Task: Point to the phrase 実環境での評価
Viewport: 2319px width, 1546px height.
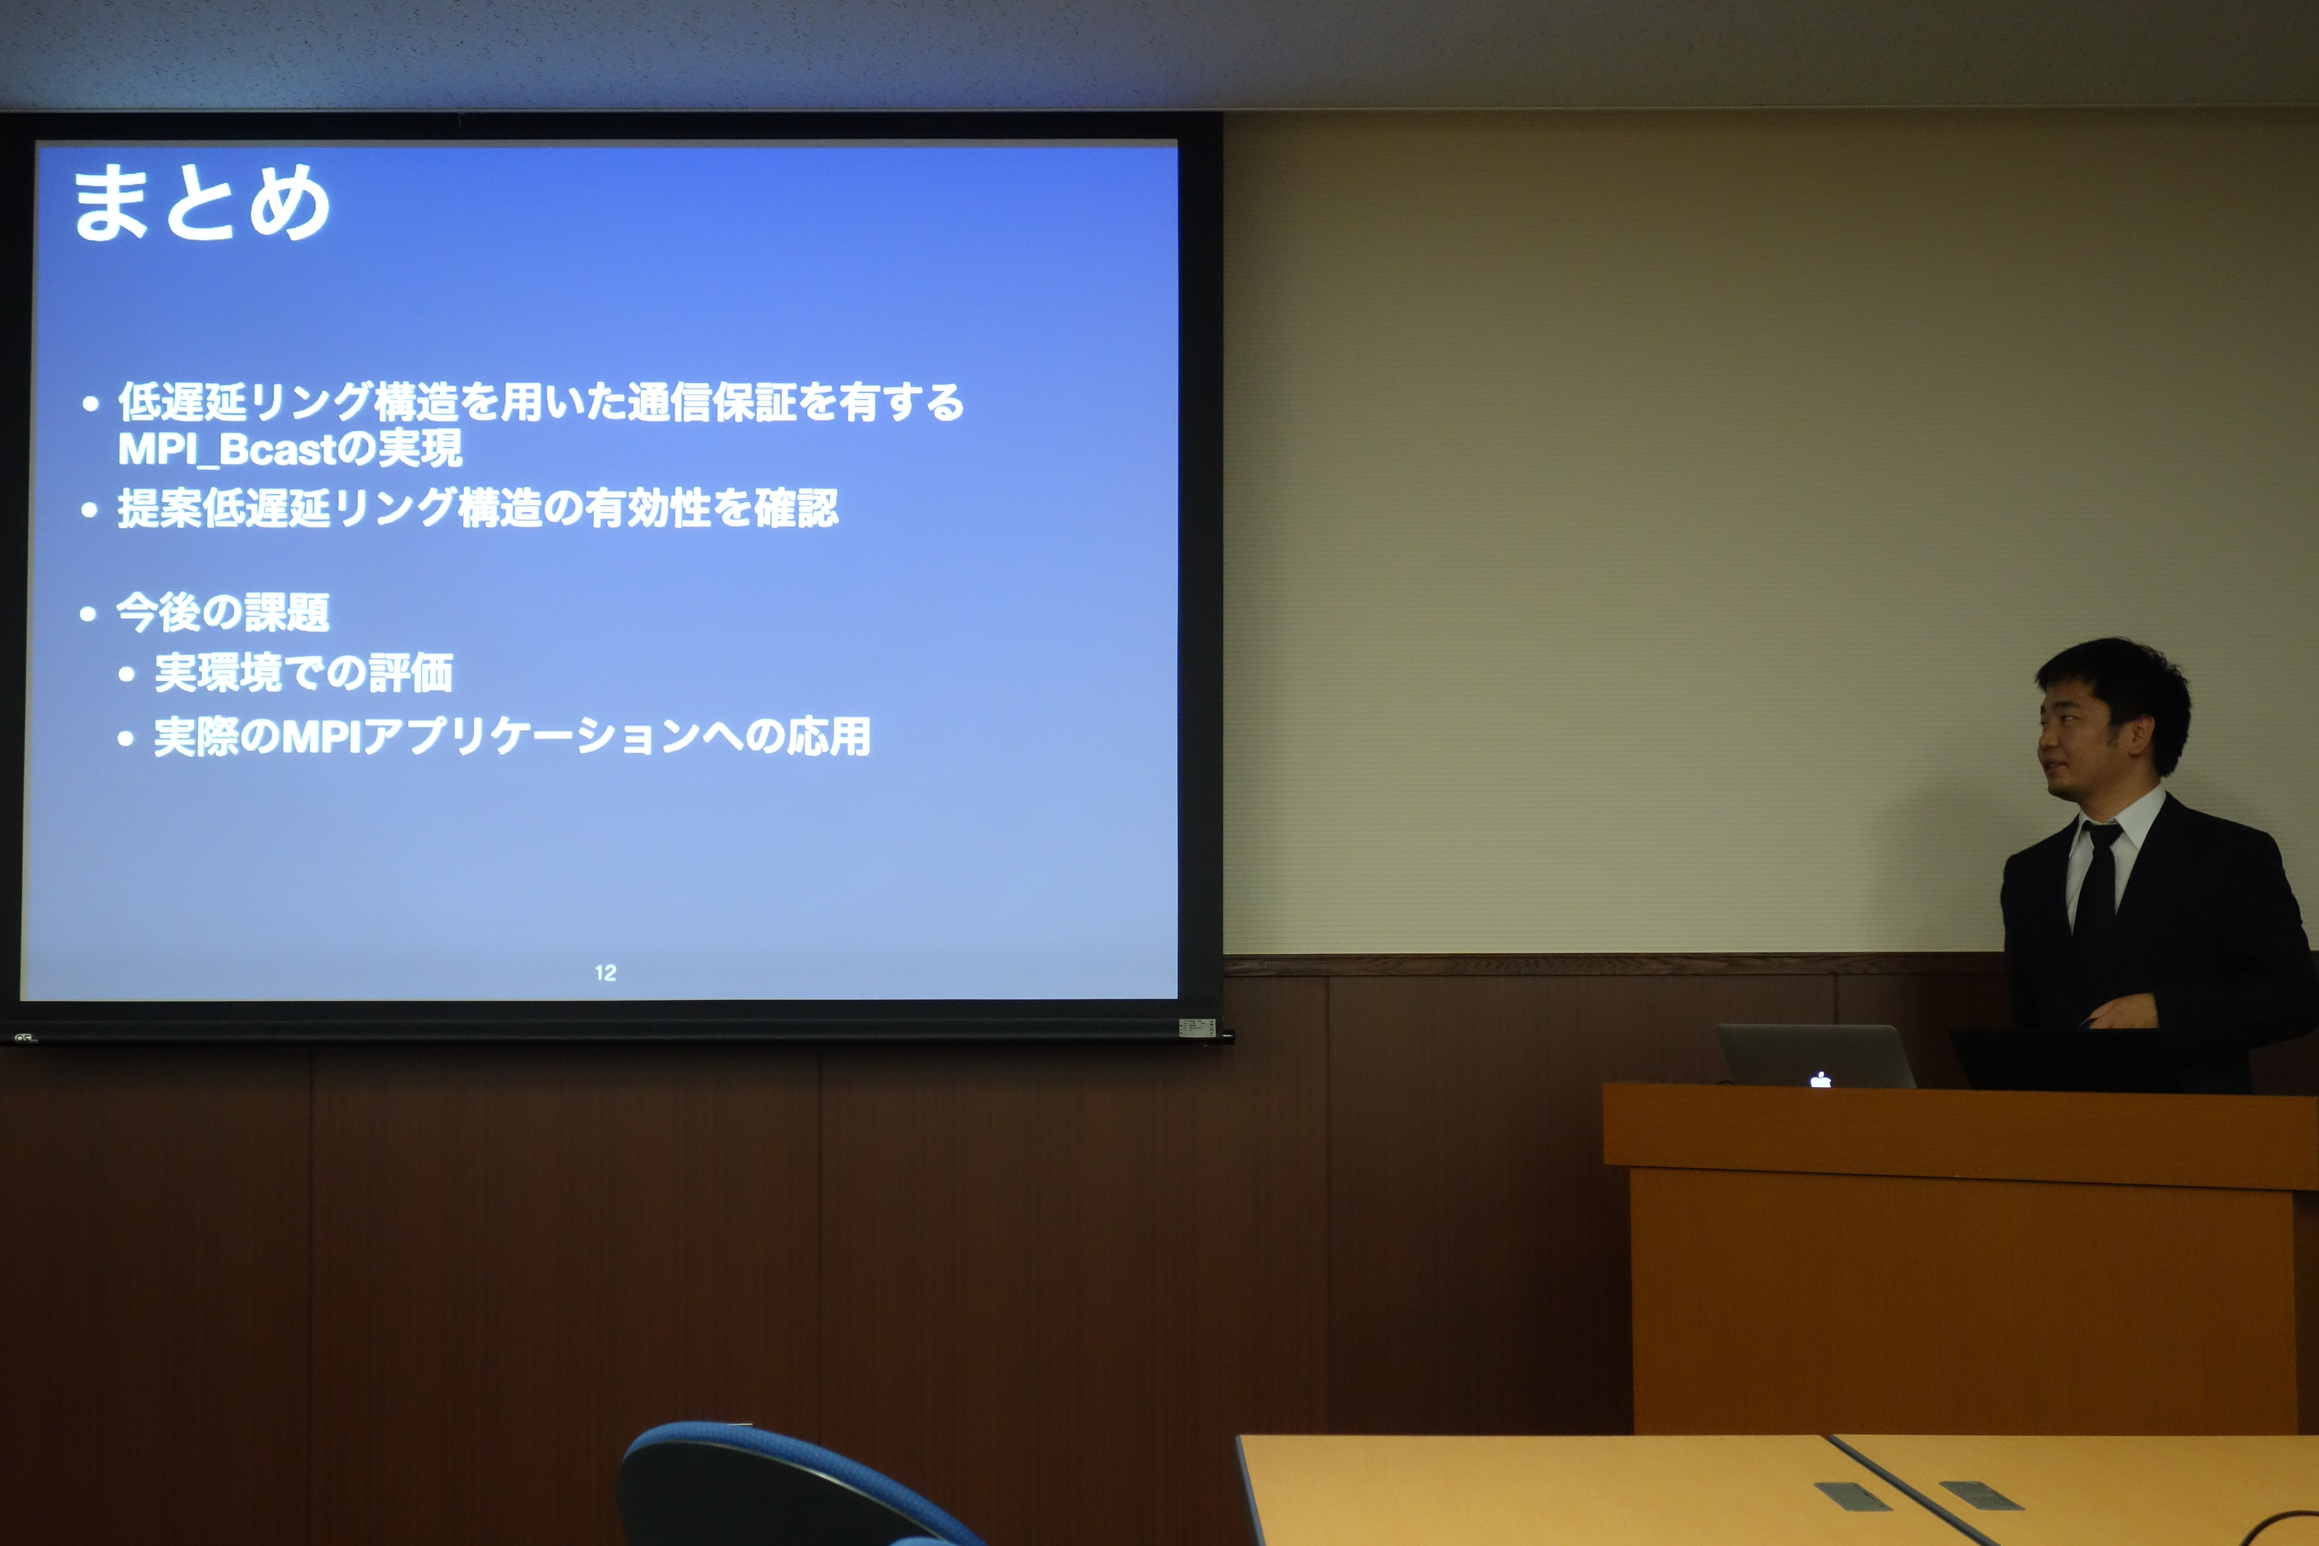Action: coord(304,673)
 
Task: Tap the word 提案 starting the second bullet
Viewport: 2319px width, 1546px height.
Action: coord(160,509)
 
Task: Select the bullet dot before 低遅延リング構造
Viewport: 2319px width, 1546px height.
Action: coord(91,403)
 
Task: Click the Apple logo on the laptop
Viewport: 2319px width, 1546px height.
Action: coord(1820,1080)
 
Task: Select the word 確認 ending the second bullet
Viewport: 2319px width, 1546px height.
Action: coord(797,509)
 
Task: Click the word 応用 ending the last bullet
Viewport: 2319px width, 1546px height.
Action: coord(828,737)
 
